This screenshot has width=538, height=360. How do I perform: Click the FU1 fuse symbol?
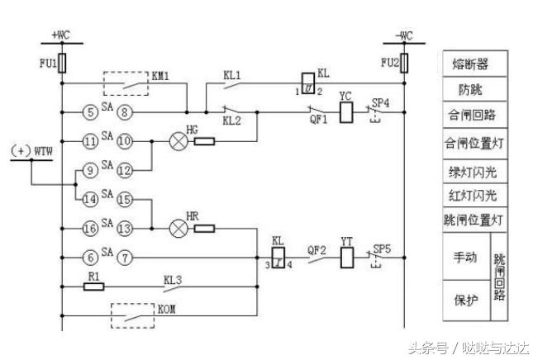(x=62, y=64)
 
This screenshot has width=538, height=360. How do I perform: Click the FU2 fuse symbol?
(x=403, y=64)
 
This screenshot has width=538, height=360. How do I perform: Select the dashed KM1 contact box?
(x=128, y=83)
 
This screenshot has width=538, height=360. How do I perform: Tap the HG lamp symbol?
(x=177, y=141)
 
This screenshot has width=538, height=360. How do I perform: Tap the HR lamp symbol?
(x=176, y=228)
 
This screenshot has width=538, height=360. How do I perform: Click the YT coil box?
(x=346, y=258)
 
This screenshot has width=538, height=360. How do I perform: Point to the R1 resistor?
(x=94, y=287)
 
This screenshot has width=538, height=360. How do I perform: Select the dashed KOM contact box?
(x=132, y=315)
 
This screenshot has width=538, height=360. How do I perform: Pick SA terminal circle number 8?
(x=124, y=111)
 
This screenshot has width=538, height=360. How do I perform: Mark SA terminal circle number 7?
(x=124, y=258)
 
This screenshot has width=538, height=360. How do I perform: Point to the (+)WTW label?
(x=31, y=152)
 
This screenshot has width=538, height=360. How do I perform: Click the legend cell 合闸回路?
(x=476, y=115)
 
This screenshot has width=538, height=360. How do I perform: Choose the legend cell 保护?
(x=466, y=300)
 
